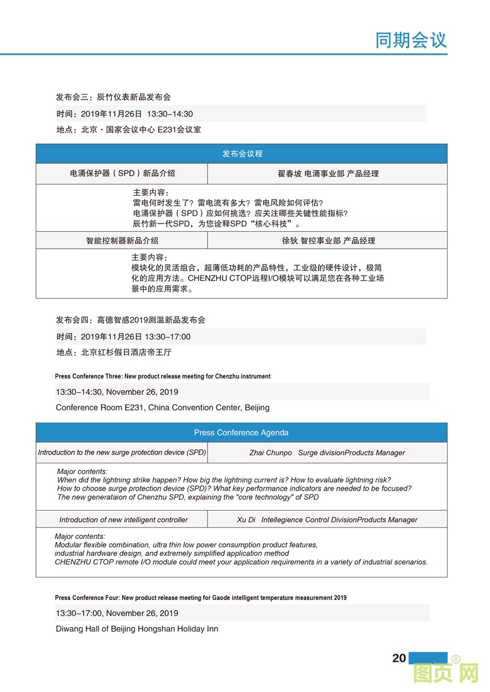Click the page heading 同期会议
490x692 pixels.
(411, 40)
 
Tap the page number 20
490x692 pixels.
(399, 658)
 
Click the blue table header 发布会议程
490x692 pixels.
(242, 154)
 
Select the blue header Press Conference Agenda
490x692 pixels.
(242, 433)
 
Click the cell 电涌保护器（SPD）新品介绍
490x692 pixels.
(122, 173)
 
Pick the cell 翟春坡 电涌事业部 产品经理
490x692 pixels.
(328, 173)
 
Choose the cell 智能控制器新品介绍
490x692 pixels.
(122, 241)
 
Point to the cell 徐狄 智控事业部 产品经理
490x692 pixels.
(328, 241)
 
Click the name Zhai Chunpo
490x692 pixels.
(271, 453)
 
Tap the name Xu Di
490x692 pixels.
(246, 520)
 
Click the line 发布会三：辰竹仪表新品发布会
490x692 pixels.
(114, 97)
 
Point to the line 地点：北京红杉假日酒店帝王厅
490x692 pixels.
(114, 353)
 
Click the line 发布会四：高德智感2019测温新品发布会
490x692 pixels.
(131, 320)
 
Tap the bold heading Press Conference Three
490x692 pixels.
(163, 377)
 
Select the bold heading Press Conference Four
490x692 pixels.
(201, 598)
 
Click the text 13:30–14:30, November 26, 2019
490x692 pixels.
(117, 392)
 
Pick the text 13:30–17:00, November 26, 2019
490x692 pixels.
(117, 613)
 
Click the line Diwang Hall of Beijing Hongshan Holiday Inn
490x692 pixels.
(137, 628)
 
